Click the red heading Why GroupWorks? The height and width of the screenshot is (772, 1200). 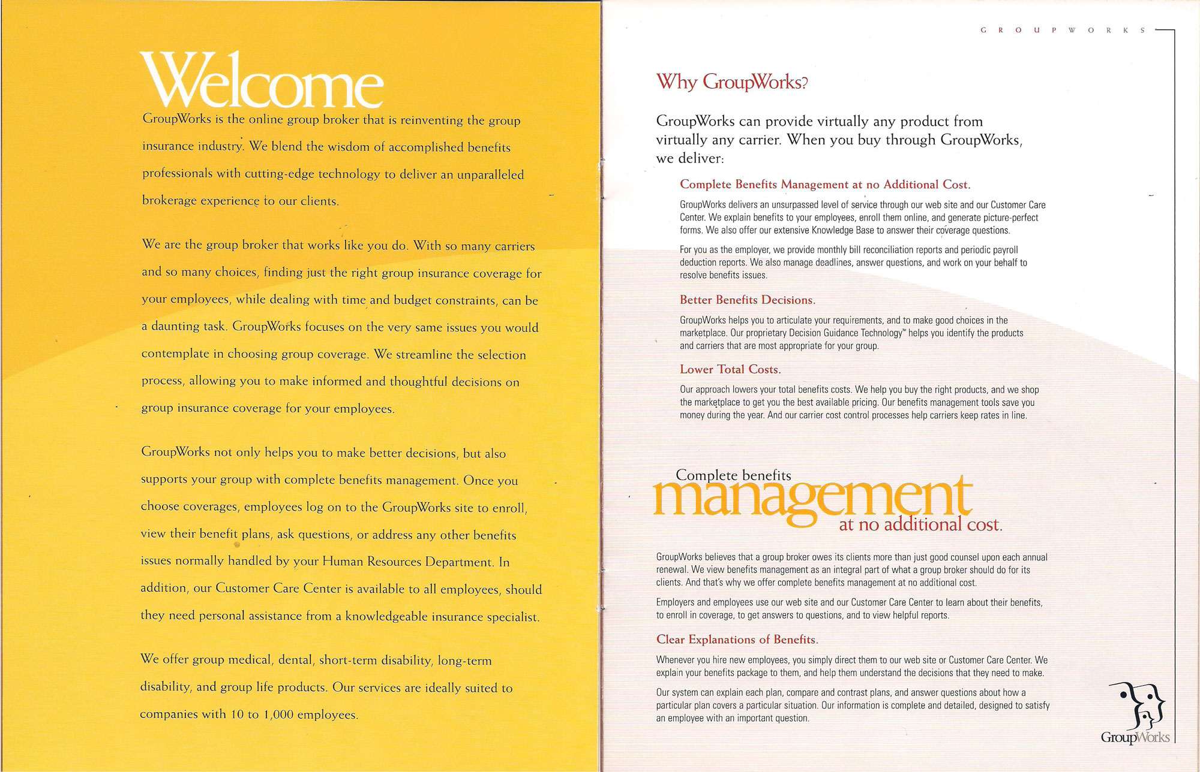click(x=732, y=82)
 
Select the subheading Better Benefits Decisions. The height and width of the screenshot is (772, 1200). click(x=747, y=300)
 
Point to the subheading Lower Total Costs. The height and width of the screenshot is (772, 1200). click(x=730, y=369)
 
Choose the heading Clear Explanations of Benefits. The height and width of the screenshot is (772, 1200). click(x=737, y=640)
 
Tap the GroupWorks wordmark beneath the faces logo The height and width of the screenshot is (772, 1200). click(x=1135, y=737)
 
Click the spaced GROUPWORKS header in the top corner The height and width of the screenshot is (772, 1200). click(x=1063, y=30)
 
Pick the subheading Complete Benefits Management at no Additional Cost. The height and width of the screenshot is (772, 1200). click(x=824, y=185)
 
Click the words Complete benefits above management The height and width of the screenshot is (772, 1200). click(x=733, y=475)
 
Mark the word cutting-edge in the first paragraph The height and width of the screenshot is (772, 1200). click(x=280, y=174)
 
